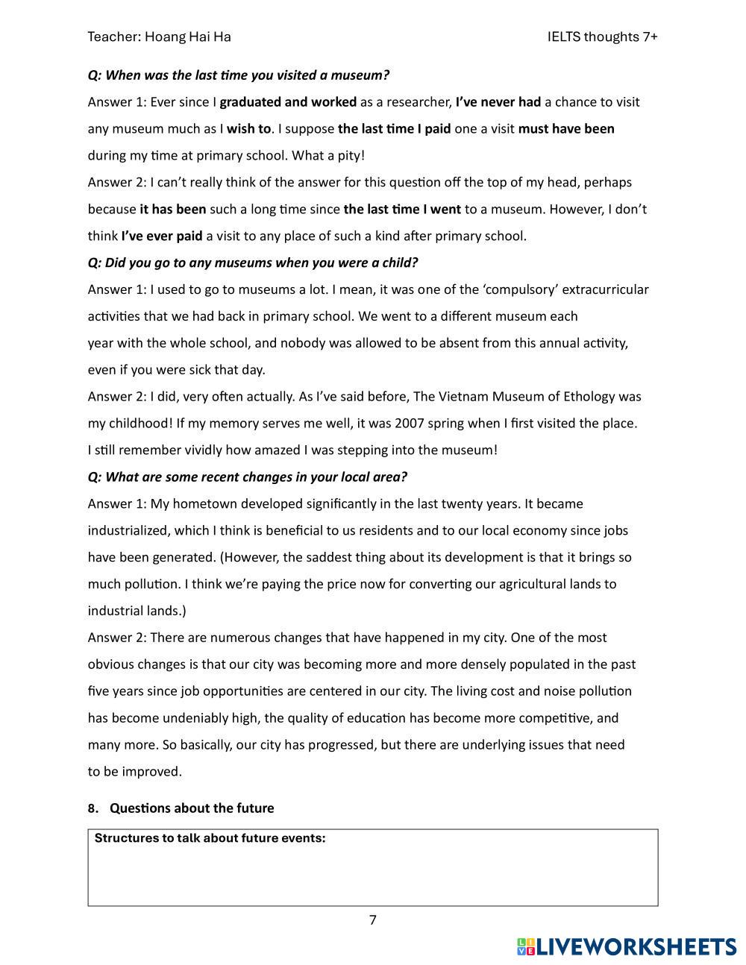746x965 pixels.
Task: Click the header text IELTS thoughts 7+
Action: tap(602, 37)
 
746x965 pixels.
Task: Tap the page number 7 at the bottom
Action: tap(373, 920)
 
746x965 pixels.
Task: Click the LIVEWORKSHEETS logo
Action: tap(627, 946)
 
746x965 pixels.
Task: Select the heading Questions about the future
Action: tap(192, 808)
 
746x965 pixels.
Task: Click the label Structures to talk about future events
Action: tap(210, 837)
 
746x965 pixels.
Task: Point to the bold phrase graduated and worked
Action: tap(288, 101)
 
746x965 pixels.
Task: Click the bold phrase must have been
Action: tap(566, 128)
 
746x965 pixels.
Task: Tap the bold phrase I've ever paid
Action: tap(162, 236)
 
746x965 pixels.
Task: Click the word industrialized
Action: tap(128, 530)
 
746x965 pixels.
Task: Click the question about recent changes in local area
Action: tap(248, 477)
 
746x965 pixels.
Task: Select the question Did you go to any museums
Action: tap(253, 263)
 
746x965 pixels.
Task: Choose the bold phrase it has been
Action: tap(172, 209)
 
